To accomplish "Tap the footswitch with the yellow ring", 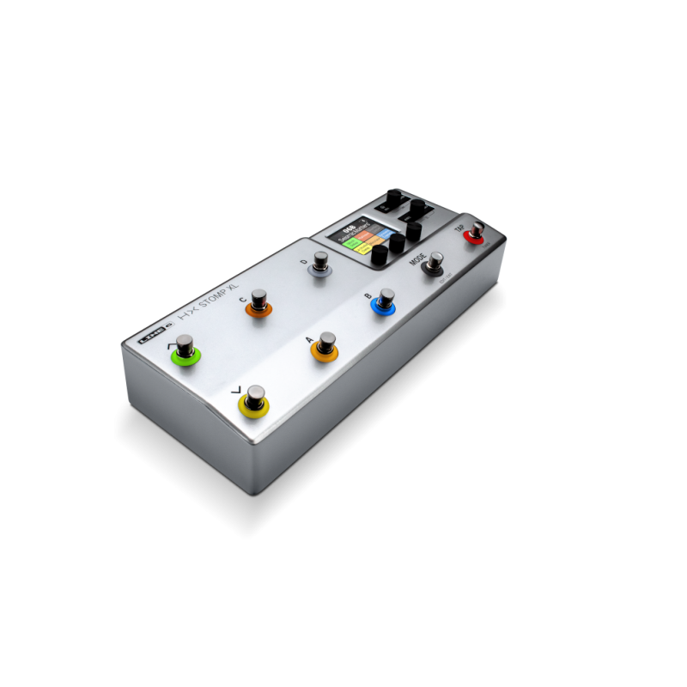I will pyautogui.click(x=253, y=401).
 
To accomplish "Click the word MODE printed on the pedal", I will pyautogui.click(x=418, y=258).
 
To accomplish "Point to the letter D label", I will pyautogui.click(x=304, y=261).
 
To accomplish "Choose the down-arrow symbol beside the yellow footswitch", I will pyautogui.click(x=238, y=391).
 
